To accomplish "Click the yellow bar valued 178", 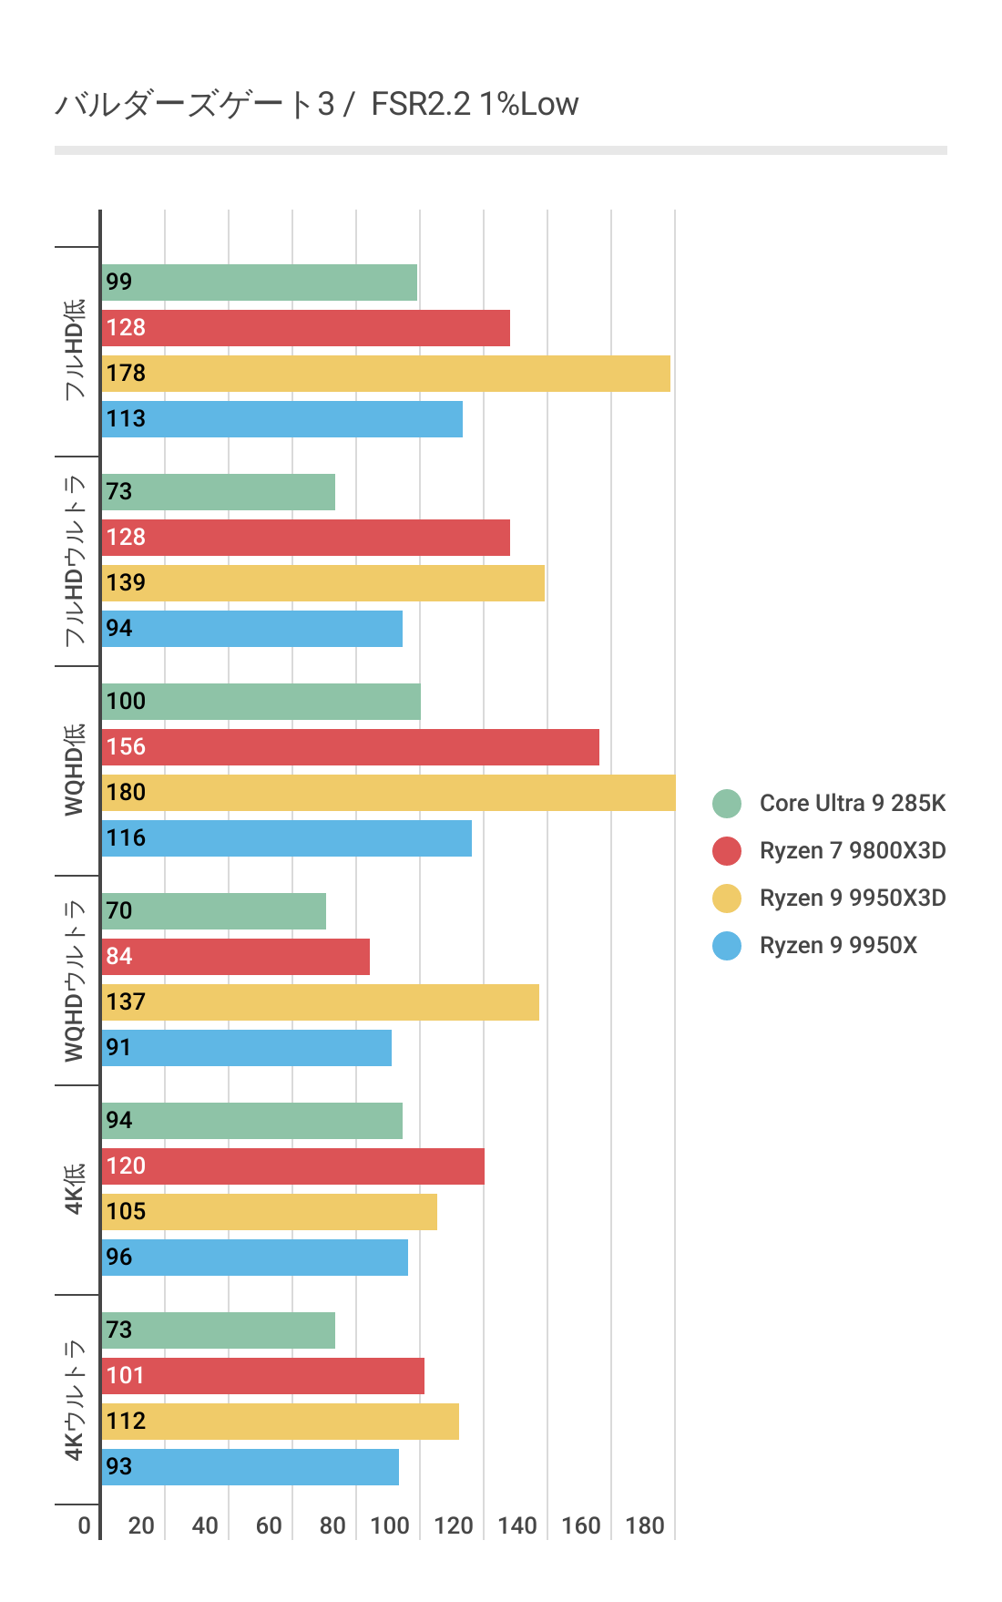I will [385, 374].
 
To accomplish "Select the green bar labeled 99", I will [260, 282].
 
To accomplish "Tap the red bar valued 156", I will [351, 747].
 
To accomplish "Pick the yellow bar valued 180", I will [389, 793].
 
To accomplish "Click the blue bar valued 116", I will [287, 838].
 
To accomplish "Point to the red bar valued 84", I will [236, 957].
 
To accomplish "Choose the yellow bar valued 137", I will [321, 1002].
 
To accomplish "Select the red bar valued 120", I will [293, 1166].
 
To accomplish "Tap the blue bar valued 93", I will [250, 1467].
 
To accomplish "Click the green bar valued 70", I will [214, 911].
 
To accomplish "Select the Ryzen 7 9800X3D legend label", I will [852, 850].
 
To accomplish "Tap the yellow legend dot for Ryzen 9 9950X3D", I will [727, 898].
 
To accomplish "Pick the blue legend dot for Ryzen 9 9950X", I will [727, 945].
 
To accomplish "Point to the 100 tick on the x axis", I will [390, 1525].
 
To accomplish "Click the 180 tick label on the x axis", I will [645, 1525].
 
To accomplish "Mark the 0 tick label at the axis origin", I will [84, 1525].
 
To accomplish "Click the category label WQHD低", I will [75, 770].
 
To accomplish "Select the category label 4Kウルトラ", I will [75, 1400].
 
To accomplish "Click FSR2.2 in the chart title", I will [421, 104].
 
